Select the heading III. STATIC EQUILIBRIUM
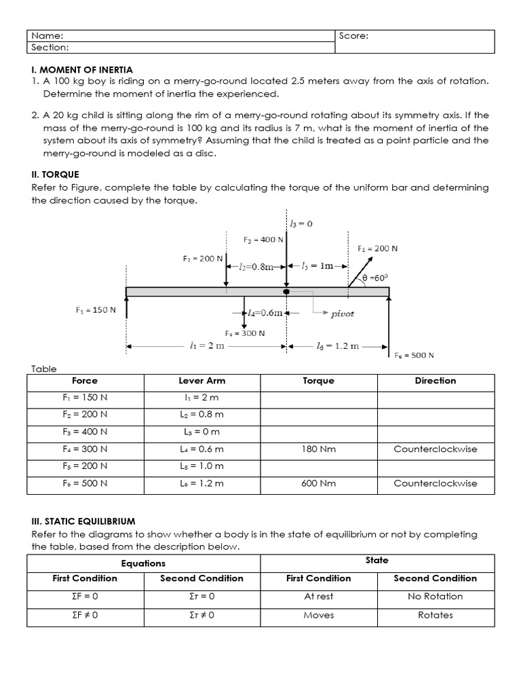pos(83,521)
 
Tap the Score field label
pos(353,36)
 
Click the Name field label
pos(47,36)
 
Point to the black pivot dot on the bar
pos(286,292)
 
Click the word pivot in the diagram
pos(342,314)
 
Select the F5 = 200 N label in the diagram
pos(377,248)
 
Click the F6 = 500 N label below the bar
pos(414,355)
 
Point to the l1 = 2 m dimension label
pos(208,345)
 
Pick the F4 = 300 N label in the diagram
pos(244,333)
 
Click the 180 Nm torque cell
pos(319,449)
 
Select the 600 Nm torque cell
pos(319,484)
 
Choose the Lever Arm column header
pos(201,381)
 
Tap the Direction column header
pos(436,381)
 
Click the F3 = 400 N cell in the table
pos(85,432)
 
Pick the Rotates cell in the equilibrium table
pos(436,615)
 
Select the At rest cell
pos(319,597)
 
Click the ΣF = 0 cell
pos(85,597)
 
